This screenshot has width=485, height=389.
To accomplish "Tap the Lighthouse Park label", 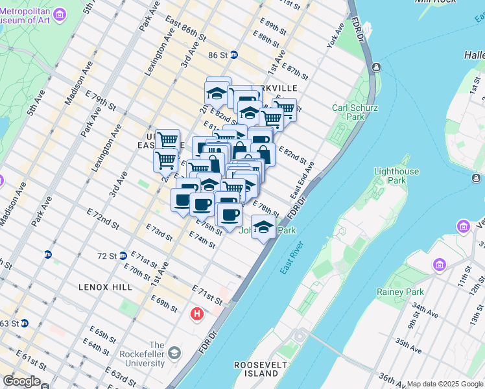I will tap(396, 176).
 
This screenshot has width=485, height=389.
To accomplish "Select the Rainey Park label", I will tap(400, 292).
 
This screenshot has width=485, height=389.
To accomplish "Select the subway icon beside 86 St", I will tap(234, 56).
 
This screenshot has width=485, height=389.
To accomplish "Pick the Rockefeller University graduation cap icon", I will tap(174, 353).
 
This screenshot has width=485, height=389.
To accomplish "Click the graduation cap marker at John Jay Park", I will tap(263, 228).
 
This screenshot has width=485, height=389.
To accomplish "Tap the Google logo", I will tap(21, 381).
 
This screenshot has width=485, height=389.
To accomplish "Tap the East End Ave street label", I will tap(302, 180).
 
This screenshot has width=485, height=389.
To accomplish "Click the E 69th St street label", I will tap(164, 303).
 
